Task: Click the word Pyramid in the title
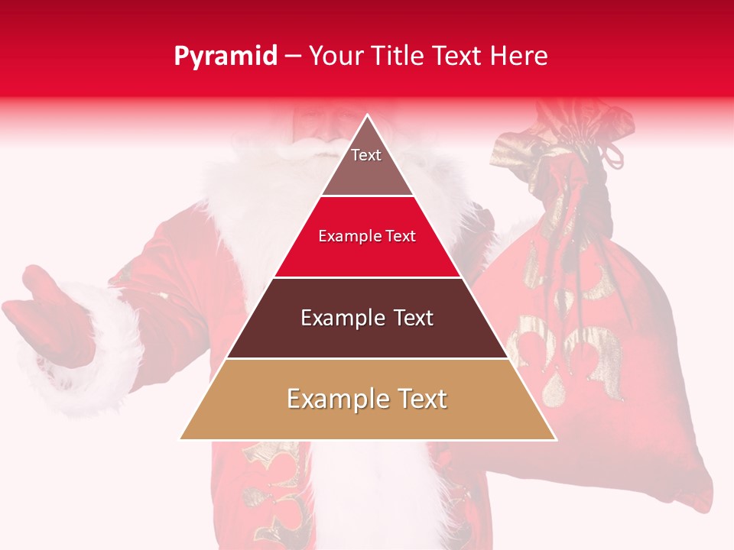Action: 226,57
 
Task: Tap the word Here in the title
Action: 520,56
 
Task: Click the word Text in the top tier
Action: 366,155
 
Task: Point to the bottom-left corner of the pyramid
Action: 180,439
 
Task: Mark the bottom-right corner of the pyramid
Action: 556,439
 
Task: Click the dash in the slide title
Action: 293,57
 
